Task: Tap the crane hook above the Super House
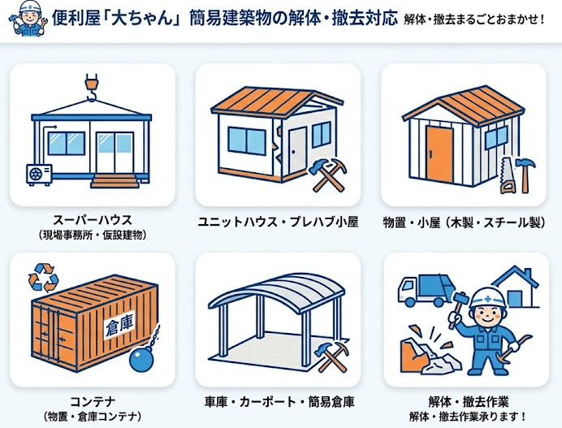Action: coord(91,88)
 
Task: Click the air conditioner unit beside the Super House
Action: coord(39,175)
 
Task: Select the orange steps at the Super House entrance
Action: coord(115,181)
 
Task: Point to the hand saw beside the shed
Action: coord(508,175)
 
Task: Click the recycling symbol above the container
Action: coord(43,278)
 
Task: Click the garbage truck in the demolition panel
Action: coord(426,291)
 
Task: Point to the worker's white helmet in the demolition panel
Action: coord(488,297)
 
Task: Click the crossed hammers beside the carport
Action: coord(331,357)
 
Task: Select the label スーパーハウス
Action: coord(93,220)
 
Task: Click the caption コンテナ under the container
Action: coord(93,401)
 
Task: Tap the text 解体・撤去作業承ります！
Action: coord(468,417)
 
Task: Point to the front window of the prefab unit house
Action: coord(247,141)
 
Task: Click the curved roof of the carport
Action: coord(276,292)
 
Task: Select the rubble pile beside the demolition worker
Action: coord(429,355)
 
